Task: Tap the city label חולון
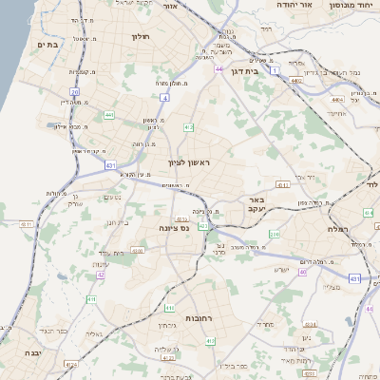pos(140,38)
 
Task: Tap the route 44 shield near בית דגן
pos(218,68)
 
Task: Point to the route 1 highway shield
pos(275,70)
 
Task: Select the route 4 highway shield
pos(164,97)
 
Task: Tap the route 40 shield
pos(303,273)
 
